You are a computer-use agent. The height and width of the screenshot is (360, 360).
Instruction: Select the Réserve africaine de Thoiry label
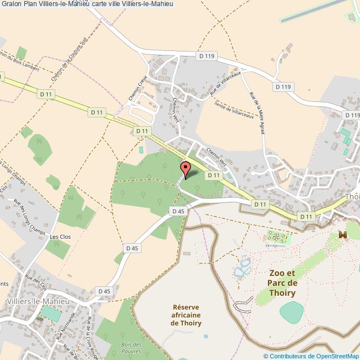point(186,315)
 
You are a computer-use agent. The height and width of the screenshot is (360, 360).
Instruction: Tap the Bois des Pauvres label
point(131,348)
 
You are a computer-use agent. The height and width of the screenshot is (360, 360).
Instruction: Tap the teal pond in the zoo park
point(292,312)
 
